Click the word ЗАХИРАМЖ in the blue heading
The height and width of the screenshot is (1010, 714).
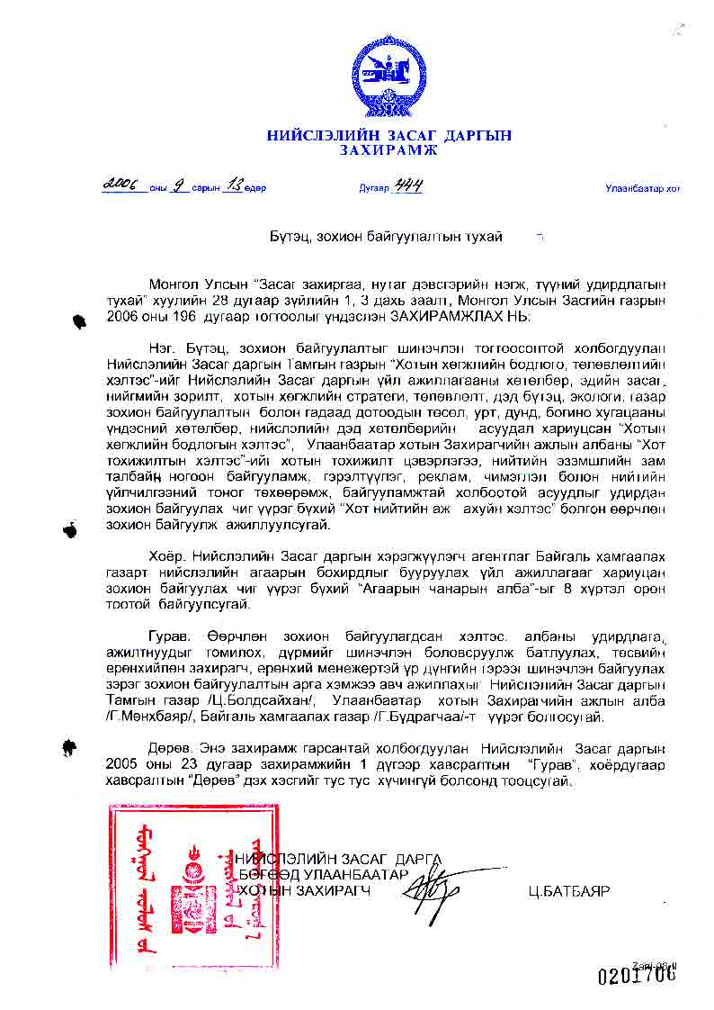(x=388, y=150)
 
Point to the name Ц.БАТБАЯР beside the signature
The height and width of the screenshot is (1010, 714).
(x=569, y=891)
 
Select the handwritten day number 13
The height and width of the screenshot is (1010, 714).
(x=236, y=185)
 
